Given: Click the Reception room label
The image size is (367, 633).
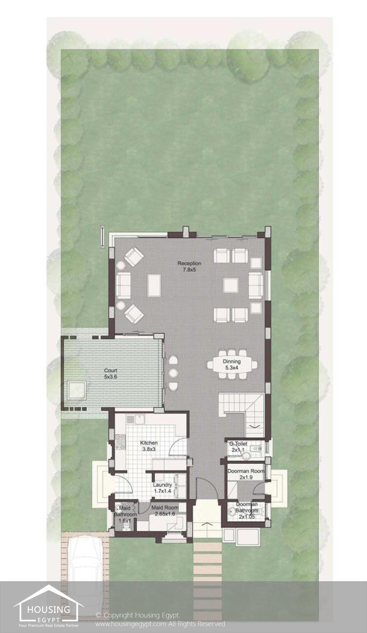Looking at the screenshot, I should [x=189, y=263].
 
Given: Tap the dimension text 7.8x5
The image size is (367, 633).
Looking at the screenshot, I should [x=189, y=270].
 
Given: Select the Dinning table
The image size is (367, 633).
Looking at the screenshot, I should [x=232, y=364].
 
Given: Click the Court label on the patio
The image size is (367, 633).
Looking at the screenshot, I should [x=111, y=370].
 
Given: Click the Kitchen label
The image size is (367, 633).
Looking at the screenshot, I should [x=149, y=443].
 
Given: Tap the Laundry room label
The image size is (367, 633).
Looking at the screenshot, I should [x=163, y=485].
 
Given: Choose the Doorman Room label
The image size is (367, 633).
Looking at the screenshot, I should [x=246, y=471].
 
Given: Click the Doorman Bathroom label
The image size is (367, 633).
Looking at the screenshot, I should [x=247, y=507].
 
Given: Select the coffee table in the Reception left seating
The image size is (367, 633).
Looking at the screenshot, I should [x=154, y=285].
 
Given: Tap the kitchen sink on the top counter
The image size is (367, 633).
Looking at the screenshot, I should [x=136, y=419].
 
